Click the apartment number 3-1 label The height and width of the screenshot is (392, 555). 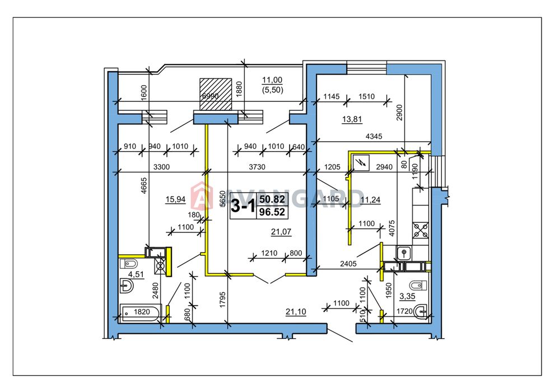point(243,206)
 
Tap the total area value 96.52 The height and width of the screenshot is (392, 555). point(272,212)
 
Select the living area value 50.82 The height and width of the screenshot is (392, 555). point(272,199)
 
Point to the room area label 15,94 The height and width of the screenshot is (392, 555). point(175,199)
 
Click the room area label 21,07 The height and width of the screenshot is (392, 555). point(281,232)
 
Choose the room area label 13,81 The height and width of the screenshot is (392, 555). point(352,119)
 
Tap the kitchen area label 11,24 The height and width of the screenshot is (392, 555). point(370,200)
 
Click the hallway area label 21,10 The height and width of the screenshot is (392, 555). point(296,312)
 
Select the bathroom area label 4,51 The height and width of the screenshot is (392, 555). point(136,274)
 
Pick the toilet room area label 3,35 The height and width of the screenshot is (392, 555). point(407,296)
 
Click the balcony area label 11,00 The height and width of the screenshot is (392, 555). point(272,80)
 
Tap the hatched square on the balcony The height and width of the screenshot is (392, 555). point(216,94)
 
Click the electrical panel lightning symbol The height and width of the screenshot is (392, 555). point(361,163)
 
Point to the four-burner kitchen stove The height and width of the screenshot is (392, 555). point(421,230)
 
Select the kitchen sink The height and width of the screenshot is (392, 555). point(403,253)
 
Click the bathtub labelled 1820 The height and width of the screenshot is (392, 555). point(141,312)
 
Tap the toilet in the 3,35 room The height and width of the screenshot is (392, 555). point(417,285)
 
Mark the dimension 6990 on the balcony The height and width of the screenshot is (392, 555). point(210,96)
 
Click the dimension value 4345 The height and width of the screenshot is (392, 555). point(374,136)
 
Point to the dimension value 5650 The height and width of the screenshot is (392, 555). point(222,199)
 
